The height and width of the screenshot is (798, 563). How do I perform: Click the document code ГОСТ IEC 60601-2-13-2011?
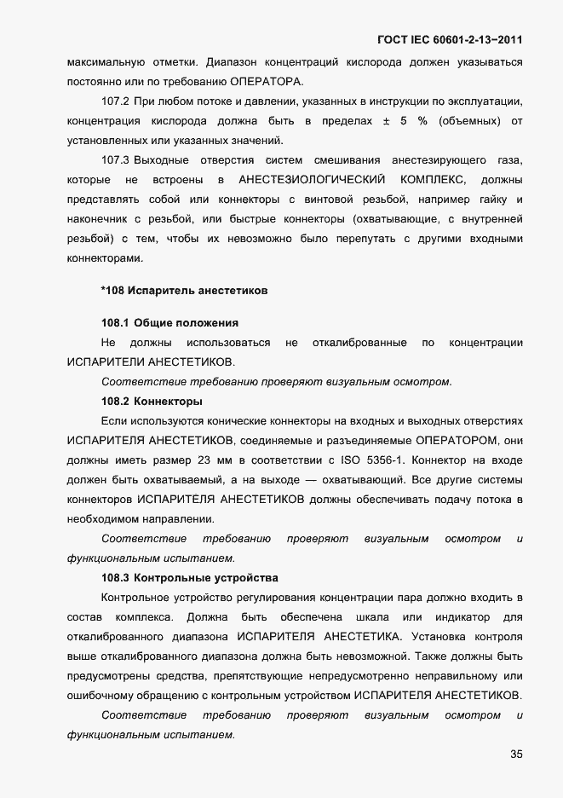(449, 40)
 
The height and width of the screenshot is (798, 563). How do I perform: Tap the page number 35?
(516, 754)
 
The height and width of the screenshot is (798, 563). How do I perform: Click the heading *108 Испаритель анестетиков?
(184, 291)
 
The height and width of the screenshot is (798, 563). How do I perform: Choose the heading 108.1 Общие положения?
(169, 323)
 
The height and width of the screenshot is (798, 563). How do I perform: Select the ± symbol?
(386, 121)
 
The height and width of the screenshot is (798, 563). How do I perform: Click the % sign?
(421, 121)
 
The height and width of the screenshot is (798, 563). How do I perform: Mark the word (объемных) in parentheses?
(471, 121)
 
